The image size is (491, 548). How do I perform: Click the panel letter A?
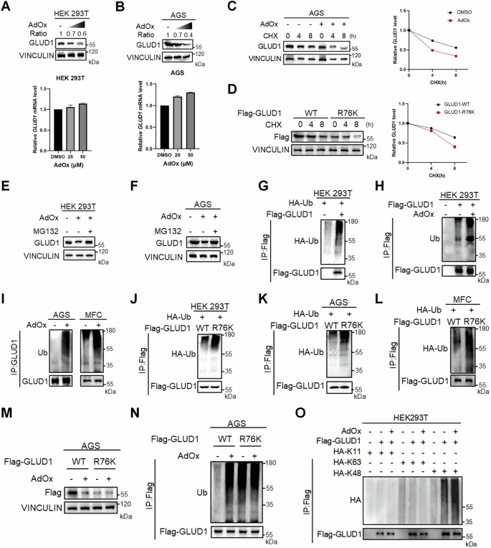pos(6,6)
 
